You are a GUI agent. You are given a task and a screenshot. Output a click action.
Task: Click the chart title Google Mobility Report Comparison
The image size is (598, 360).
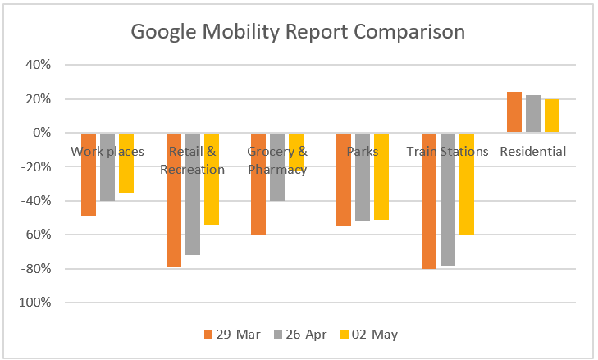pyautogui.click(x=299, y=32)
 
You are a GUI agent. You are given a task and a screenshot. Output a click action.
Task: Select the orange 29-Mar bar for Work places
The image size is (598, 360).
pyautogui.click(x=89, y=185)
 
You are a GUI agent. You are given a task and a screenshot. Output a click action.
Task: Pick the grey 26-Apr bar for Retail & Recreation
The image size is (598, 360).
pyautogui.click(x=193, y=205)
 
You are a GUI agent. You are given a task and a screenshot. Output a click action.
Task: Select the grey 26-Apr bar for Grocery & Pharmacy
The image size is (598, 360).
pyautogui.click(x=277, y=176)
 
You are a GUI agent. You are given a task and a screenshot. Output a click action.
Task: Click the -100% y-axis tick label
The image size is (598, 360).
pyautogui.click(x=34, y=303)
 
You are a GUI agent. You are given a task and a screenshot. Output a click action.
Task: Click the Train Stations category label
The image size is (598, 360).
pyautogui.click(x=447, y=152)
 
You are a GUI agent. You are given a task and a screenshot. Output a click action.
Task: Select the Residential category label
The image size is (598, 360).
pyautogui.click(x=532, y=152)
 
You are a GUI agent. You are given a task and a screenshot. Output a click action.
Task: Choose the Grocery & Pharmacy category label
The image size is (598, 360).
pyautogui.click(x=277, y=161)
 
